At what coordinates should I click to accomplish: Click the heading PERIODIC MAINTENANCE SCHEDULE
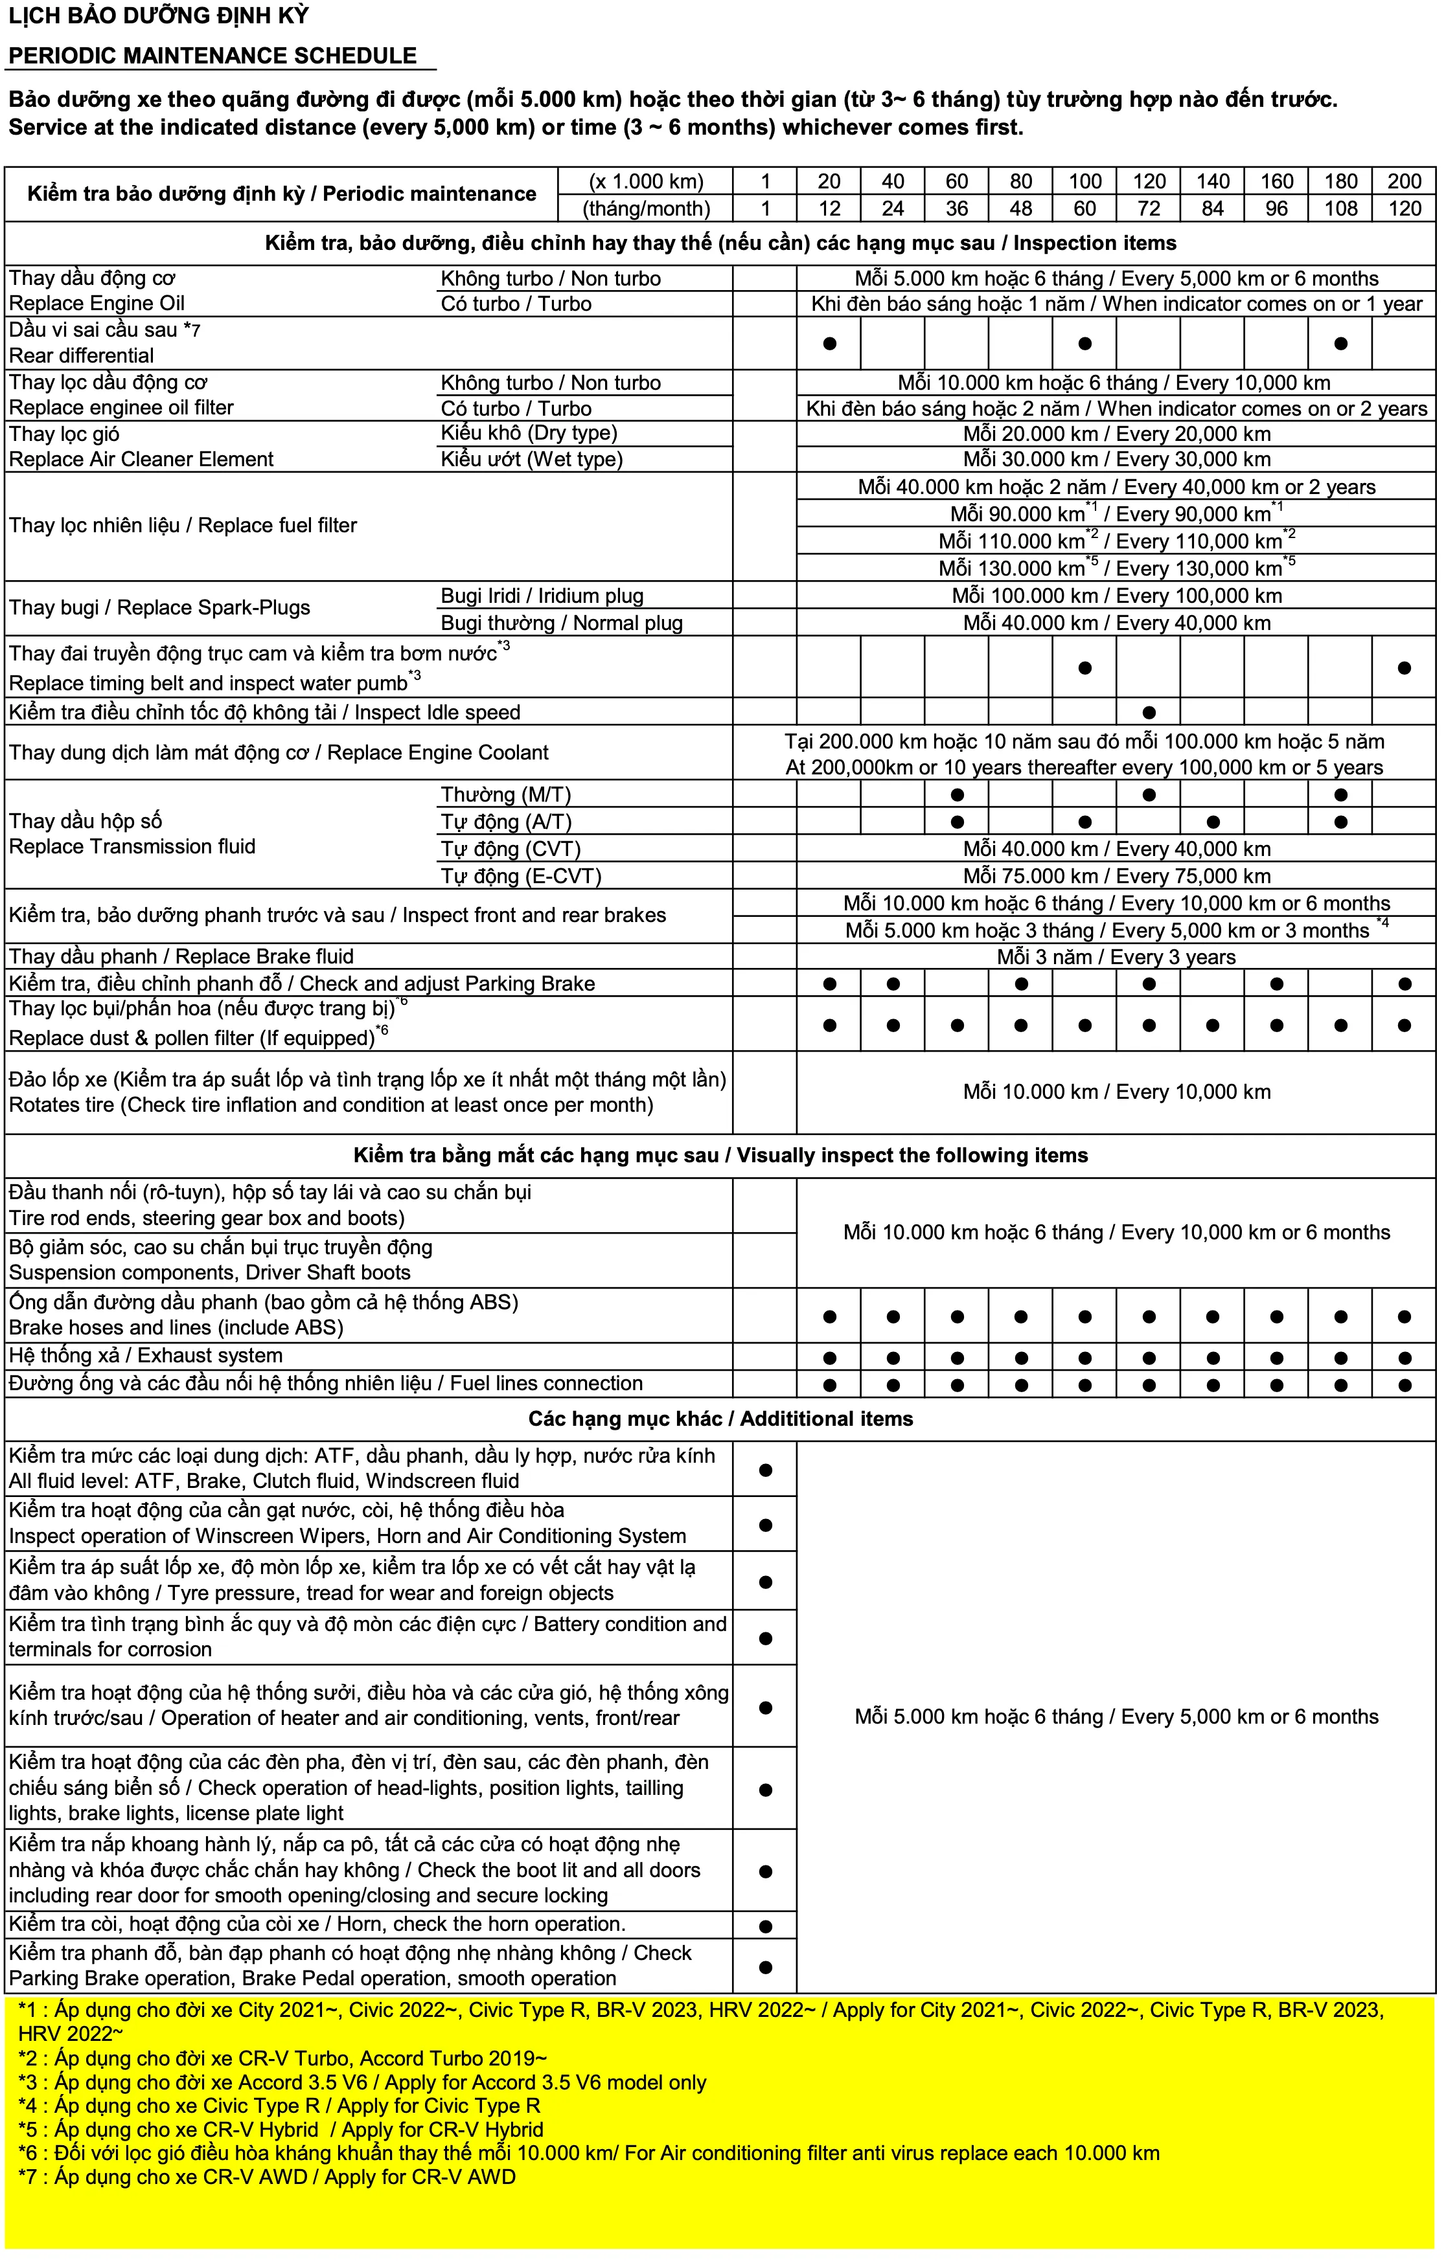coord(212,56)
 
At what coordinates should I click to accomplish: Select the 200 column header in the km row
coord(1404,181)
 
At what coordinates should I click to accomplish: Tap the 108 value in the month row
coord(1340,208)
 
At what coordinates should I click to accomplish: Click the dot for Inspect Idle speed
coord(1148,712)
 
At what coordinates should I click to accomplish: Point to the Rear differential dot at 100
coord(1084,343)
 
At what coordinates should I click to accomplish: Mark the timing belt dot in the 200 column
coord(1404,668)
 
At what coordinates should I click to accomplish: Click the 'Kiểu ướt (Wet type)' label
coord(531,460)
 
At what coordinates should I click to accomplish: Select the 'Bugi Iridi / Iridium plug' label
coord(542,596)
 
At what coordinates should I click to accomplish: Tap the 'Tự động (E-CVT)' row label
coord(521,876)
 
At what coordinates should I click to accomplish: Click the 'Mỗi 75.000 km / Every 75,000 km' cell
coord(1116,876)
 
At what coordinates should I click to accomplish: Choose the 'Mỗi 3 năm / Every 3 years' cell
coord(1116,957)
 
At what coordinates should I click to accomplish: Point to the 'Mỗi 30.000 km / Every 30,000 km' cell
coord(1116,460)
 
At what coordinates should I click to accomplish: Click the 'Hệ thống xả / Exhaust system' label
coord(146,1355)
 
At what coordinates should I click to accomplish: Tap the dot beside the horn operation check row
coord(764,1926)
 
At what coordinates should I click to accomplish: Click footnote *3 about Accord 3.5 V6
coord(362,2082)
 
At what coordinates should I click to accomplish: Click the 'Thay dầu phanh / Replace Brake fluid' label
coord(181,957)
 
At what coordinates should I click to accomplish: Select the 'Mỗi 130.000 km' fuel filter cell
coord(1116,569)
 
